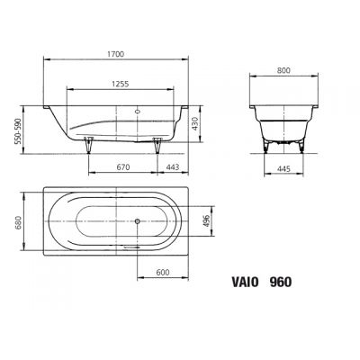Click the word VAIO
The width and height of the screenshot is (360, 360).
237,281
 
